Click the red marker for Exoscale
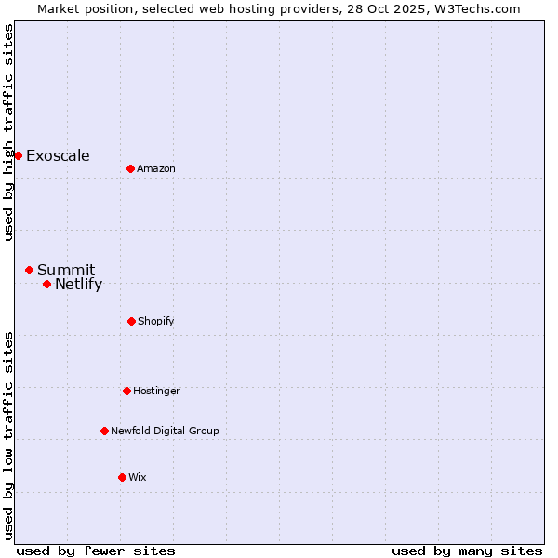point(18,155)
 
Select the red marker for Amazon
point(130,168)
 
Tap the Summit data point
point(29,270)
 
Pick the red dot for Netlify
point(46,284)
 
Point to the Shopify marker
point(131,321)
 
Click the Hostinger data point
point(126,391)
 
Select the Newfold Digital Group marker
point(104,431)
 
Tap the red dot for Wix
point(122,477)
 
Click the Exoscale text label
point(58,156)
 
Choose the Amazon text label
point(156,168)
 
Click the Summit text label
point(66,271)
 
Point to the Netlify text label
point(78,285)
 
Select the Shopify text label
point(156,321)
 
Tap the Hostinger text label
point(156,391)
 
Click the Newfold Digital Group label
point(165,431)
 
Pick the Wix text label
point(138,477)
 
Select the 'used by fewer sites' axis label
point(96,551)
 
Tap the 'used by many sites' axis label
point(467,551)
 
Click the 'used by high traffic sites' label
point(8,132)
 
